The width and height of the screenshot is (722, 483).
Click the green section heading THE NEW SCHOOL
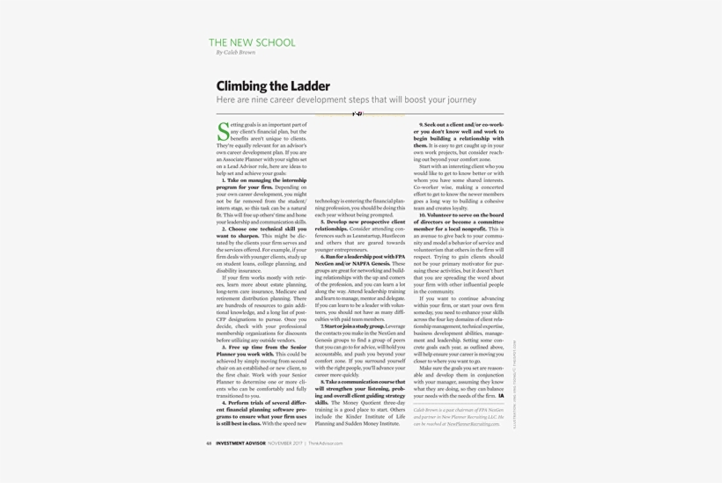click(x=252, y=42)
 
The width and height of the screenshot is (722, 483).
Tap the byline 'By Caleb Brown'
click(x=235, y=53)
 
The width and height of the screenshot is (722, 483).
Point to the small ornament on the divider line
click(x=357, y=113)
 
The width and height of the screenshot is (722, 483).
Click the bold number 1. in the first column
click(x=224, y=179)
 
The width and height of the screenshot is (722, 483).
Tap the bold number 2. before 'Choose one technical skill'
click(x=224, y=230)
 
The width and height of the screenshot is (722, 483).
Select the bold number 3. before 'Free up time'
click(x=224, y=348)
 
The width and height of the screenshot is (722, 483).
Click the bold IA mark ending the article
click(x=501, y=397)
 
